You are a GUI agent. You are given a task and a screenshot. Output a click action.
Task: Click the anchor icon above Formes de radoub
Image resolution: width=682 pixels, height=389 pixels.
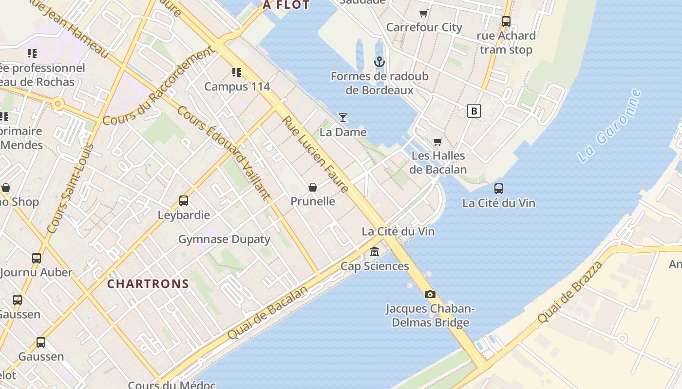379,62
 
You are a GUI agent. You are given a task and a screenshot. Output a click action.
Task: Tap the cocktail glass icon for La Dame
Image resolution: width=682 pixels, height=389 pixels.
343,117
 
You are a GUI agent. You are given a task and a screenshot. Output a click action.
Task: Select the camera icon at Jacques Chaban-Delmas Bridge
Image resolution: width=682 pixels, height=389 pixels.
430,294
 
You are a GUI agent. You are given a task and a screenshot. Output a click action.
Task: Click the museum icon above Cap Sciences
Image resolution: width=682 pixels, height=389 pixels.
375,251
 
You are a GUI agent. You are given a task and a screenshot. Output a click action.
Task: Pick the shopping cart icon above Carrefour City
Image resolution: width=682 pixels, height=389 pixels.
424,13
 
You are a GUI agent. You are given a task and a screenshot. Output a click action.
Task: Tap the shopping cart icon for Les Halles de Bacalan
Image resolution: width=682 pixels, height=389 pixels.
437,141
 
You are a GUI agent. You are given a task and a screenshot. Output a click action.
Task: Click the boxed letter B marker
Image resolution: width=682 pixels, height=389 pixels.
474,111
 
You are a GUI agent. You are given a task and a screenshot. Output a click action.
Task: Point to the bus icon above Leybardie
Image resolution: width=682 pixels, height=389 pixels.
184,200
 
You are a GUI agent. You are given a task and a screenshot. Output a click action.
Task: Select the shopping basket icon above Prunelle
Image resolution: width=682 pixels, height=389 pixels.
313,187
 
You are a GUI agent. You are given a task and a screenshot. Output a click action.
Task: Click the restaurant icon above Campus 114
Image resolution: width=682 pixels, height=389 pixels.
237,72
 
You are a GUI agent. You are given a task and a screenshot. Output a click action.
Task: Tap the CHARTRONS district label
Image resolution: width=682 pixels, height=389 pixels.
148,284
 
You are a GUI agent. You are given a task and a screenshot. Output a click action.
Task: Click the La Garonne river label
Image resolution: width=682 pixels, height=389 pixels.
609,126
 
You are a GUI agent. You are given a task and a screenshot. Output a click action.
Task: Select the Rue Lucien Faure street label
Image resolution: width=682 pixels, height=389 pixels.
316,154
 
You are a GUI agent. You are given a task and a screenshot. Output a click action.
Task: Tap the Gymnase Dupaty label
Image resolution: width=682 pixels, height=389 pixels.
224,239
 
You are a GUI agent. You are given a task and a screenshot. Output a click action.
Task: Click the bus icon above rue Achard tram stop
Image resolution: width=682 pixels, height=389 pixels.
506,21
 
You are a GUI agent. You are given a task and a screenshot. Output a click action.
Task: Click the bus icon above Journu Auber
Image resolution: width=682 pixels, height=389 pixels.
37,258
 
